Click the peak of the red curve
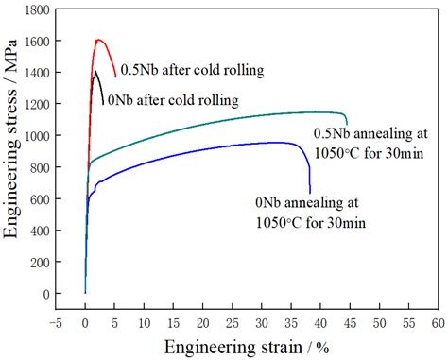[98, 40]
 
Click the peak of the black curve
[95, 72]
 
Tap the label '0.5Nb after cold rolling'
[191, 70]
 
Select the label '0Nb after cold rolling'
[171, 98]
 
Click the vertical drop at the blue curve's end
[309, 175]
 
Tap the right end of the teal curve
[347, 123]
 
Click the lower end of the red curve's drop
[116, 77]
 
